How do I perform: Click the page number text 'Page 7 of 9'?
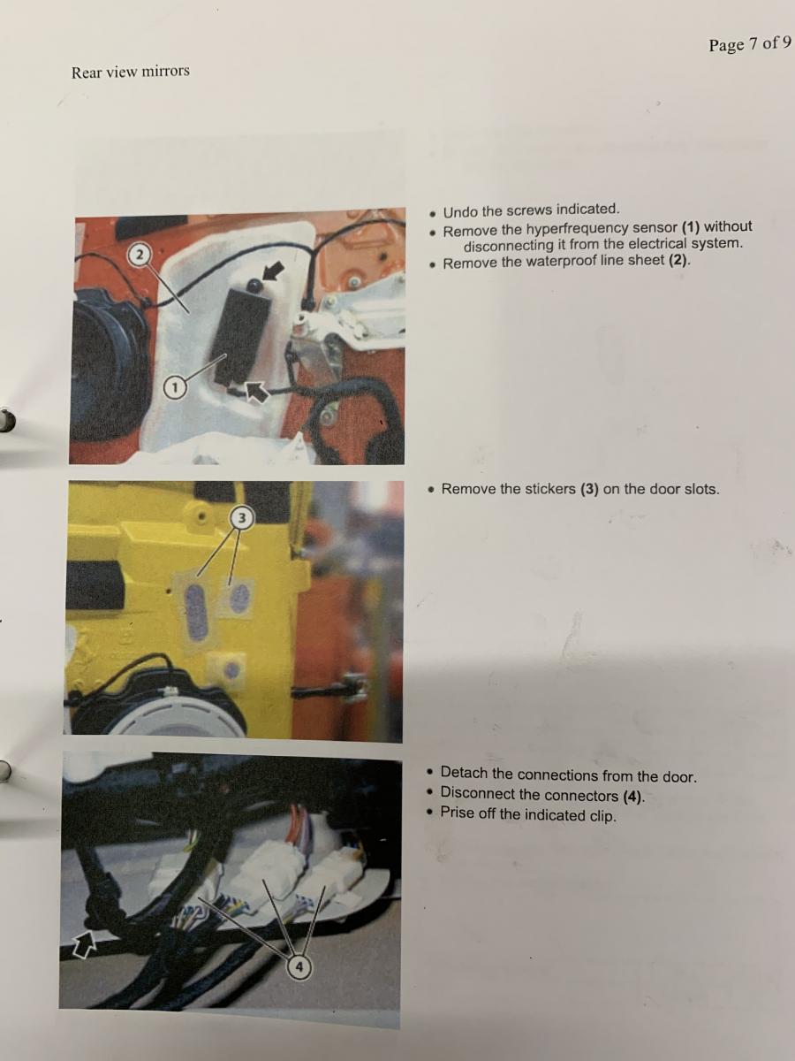pyautogui.click(x=750, y=43)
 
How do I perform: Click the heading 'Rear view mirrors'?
pyautogui.click(x=131, y=72)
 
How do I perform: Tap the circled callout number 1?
pyautogui.click(x=175, y=386)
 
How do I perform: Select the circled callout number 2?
pyautogui.click(x=140, y=255)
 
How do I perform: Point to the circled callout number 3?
pyautogui.click(x=241, y=518)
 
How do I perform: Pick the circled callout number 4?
pyautogui.click(x=299, y=967)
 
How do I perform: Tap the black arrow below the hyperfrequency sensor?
pyautogui.click(x=256, y=391)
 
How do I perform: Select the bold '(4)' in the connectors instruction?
pyautogui.click(x=632, y=796)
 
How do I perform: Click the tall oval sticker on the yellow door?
pyautogui.click(x=196, y=613)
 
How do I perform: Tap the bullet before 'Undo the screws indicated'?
pyautogui.click(x=434, y=213)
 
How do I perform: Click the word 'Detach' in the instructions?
pyautogui.click(x=464, y=772)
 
